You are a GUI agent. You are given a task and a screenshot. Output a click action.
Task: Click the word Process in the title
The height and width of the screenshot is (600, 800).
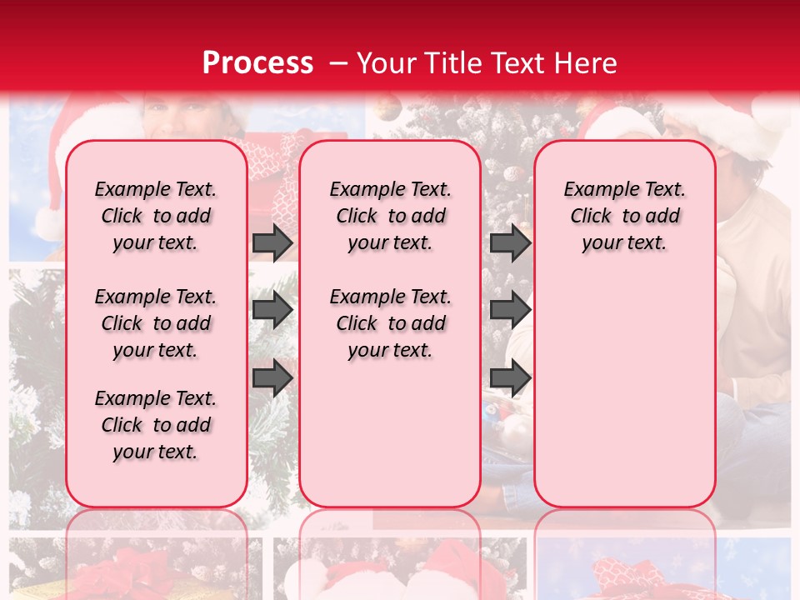(257, 62)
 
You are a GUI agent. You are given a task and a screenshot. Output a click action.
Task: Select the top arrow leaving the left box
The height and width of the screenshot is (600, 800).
(272, 242)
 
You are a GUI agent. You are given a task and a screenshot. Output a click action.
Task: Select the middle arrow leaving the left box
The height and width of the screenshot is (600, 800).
(272, 310)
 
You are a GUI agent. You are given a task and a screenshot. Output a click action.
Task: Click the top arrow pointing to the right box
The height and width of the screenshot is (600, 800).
(510, 242)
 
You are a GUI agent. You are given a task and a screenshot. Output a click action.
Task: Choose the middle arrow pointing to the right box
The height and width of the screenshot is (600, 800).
(510, 310)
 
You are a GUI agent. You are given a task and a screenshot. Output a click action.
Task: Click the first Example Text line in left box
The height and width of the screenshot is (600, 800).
(156, 189)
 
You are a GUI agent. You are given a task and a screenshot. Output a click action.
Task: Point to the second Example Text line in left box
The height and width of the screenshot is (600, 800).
(156, 297)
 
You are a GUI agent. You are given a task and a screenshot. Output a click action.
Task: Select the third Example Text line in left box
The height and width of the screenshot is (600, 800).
(156, 398)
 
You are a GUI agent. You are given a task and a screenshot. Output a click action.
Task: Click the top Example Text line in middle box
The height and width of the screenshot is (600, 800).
(390, 189)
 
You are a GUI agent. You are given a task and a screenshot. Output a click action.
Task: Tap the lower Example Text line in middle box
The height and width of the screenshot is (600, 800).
(390, 297)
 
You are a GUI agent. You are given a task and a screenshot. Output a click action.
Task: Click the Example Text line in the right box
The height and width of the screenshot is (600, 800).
(624, 189)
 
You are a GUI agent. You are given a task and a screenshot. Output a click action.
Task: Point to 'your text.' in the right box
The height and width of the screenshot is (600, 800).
(624, 242)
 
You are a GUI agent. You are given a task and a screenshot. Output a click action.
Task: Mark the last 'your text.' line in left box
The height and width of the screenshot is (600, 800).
(156, 452)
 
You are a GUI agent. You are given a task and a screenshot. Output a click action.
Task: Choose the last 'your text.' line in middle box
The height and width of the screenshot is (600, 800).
(390, 350)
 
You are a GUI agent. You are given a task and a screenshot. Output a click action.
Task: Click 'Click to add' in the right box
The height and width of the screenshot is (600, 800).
(624, 216)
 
